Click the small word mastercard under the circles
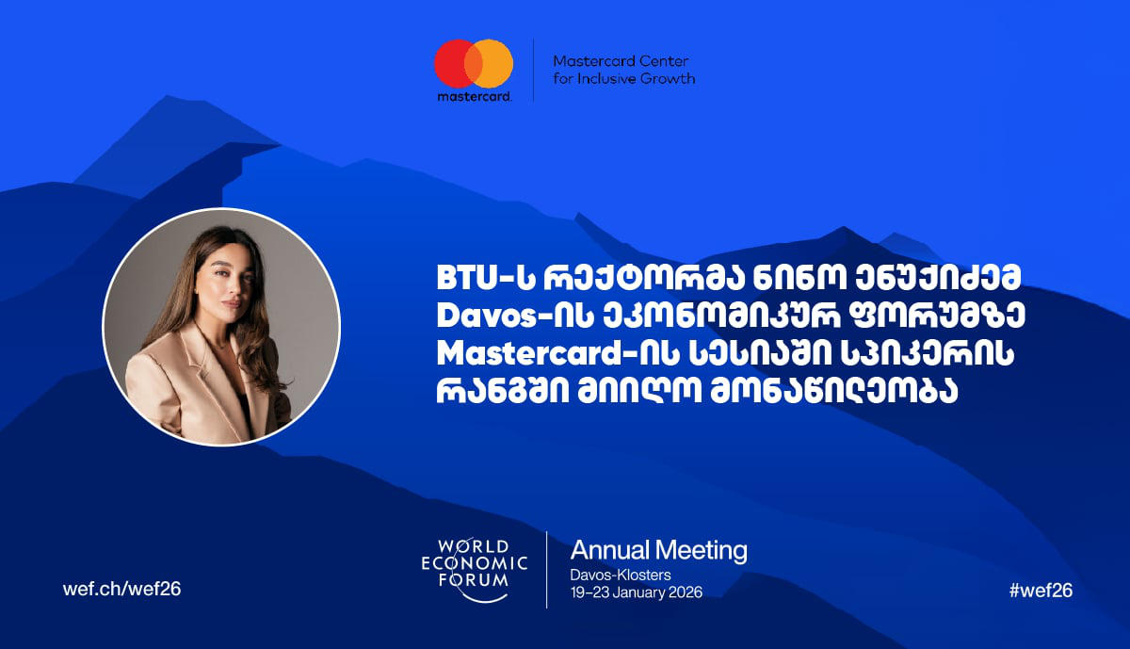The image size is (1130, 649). (x=474, y=97)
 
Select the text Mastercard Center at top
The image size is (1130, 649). (x=621, y=60)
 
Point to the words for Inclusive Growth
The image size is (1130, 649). (x=624, y=78)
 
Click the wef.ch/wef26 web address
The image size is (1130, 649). (x=121, y=590)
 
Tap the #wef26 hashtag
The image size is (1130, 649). (x=1041, y=590)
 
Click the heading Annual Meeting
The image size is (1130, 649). (x=658, y=550)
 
